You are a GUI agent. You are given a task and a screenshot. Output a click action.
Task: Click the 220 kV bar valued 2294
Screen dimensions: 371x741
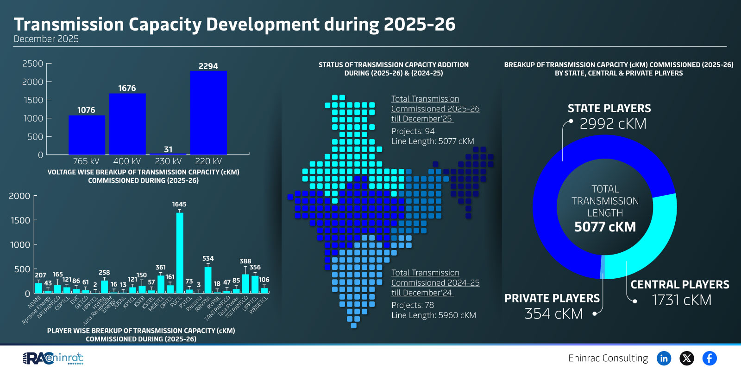click(x=208, y=113)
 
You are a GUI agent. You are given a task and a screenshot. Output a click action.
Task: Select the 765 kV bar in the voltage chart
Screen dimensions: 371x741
click(x=87, y=135)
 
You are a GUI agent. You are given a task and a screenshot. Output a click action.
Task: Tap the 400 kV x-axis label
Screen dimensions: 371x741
click(x=127, y=161)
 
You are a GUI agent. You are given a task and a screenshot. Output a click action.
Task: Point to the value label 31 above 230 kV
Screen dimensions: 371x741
click(x=168, y=149)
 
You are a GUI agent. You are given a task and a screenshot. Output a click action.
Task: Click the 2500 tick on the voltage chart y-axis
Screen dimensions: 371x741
click(x=33, y=64)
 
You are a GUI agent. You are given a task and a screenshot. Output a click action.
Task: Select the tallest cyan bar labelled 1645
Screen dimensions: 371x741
click(x=180, y=253)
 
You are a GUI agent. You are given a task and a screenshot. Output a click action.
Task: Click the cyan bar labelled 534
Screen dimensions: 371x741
click(x=208, y=280)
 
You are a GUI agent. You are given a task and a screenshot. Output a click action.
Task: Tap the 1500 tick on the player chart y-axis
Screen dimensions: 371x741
click(x=20, y=220)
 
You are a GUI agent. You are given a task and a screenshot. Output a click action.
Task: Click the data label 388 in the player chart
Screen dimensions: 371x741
click(x=245, y=261)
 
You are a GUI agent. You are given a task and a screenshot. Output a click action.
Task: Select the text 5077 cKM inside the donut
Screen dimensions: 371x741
click(x=605, y=227)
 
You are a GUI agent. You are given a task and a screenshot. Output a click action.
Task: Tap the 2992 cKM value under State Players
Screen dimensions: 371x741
click(x=613, y=124)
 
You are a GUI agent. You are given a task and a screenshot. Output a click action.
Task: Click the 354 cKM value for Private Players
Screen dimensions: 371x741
click(x=553, y=314)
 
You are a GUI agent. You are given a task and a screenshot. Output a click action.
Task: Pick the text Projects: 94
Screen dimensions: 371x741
click(x=413, y=131)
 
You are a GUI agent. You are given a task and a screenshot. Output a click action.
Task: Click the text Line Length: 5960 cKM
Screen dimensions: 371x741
click(x=433, y=315)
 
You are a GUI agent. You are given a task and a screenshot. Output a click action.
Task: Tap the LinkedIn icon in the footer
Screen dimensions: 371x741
click(x=664, y=358)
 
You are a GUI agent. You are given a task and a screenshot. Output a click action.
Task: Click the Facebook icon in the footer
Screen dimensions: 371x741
click(x=709, y=358)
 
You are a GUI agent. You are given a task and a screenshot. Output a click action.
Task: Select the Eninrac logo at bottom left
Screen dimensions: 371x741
click(x=53, y=358)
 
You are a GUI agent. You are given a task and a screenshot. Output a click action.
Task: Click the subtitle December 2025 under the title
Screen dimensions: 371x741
click(x=46, y=39)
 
